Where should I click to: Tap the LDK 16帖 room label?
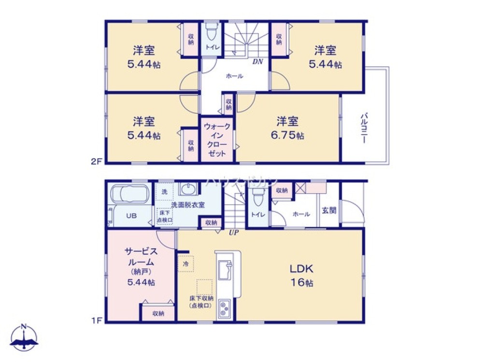(302, 275)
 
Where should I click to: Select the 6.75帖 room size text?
(290, 136)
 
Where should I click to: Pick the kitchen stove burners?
(225, 308)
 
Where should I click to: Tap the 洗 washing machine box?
(164, 192)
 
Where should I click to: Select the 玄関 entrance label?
(329, 210)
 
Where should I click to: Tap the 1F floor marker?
(96, 320)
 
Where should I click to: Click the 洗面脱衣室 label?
(188, 205)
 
